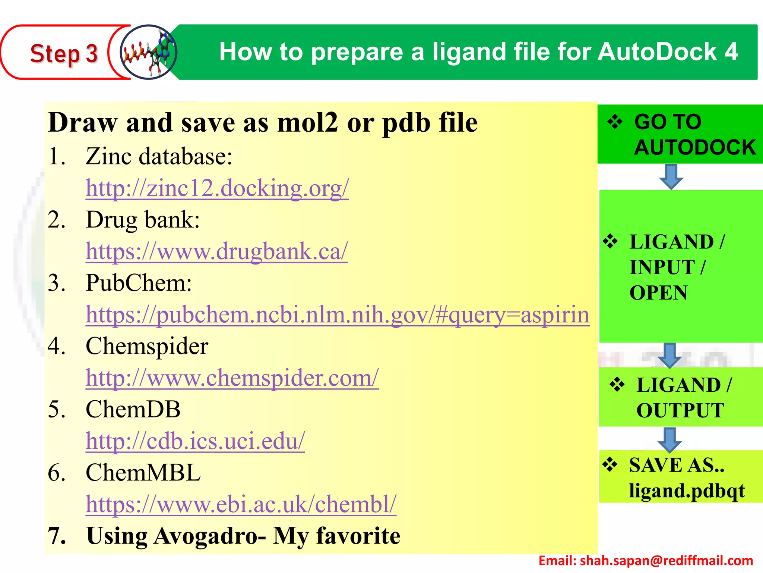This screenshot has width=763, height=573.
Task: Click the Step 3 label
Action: point(64,53)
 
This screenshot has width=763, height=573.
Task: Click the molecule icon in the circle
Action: point(149,52)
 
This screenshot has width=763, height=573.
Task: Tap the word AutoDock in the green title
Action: point(657,51)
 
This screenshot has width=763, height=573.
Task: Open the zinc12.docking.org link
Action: point(217,188)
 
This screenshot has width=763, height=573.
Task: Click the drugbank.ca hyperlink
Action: point(217,251)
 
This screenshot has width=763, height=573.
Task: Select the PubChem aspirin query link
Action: point(337,315)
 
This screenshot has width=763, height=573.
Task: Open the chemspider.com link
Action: point(232,378)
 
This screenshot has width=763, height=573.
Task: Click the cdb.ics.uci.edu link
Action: point(195,441)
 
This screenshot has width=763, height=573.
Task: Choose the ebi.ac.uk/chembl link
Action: point(241,504)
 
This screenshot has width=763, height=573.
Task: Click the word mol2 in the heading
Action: point(308,123)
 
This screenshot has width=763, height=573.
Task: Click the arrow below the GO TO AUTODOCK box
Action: point(671,177)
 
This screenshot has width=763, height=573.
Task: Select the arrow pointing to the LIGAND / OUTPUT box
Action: point(670,356)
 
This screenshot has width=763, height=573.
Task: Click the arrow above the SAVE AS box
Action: point(669,439)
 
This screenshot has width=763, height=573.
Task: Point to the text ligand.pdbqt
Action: point(687,491)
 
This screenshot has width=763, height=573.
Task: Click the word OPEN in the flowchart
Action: point(658,293)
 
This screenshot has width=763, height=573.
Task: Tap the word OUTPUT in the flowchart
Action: point(680,411)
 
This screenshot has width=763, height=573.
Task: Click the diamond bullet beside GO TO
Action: point(615,122)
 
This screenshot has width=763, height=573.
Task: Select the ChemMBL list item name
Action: point(143,473)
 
